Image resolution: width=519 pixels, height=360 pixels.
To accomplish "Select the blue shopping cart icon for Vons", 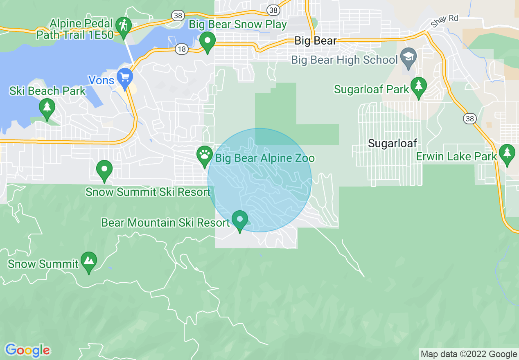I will click(x=124, y=76).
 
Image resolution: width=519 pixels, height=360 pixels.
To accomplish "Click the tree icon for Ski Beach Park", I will click(x=47, y=108).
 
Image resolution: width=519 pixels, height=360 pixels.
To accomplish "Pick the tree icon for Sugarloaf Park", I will click(x=418, y=86).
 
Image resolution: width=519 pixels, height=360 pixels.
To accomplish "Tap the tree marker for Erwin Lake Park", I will click(x=507, y=153).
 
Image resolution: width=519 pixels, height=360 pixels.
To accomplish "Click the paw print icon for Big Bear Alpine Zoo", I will click(x=204, y=155).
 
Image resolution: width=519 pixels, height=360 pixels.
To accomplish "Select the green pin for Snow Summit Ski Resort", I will click(x=104, y=169).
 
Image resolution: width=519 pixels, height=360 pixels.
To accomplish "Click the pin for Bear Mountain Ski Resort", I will click(x=240, y=219).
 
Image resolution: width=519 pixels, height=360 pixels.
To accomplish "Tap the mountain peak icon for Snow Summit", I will click(x=89, y=260).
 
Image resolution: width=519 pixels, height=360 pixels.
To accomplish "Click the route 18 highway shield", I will click(x=182, y=49).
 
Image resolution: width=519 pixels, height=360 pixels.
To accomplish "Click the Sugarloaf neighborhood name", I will click(x=392, y=143).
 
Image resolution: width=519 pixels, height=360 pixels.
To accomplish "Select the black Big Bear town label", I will click(x=316, y=40).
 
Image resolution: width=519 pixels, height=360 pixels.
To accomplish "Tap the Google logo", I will click(x=28, y=350).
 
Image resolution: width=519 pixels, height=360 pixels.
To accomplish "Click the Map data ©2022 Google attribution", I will click(x=469, y=354).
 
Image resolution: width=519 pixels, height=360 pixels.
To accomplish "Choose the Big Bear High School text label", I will click(x=344, y=60).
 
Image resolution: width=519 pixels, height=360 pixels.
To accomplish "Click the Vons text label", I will click(x=102, y=80).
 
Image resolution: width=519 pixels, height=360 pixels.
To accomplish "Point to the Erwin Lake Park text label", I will click(x=456, y=156).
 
